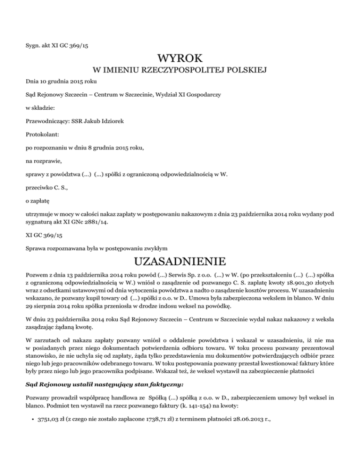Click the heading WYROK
point(180,59)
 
